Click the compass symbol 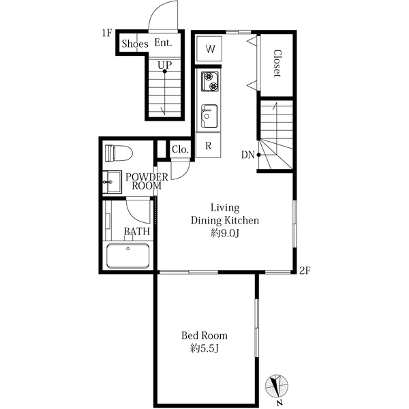click(278, 387)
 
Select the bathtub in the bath click(127, 256)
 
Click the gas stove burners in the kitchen click(209, 82)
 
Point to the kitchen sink click(209, 116)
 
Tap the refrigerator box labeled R click(209, 145)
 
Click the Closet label click(278, 63)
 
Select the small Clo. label click(180, 149)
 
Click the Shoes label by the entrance click(134, 44)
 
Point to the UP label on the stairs click(164, 65)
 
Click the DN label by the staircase click(247, 155)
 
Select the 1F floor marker click(106, 33)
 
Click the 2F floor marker click(305, 271)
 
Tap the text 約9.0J click(225, 233)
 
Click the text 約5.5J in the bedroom click(204, 348)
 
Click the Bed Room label click(204, 335)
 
